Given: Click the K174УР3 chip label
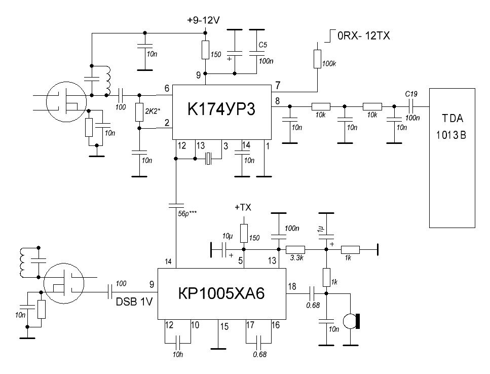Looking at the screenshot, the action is (221, 109).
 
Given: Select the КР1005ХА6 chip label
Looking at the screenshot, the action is (221, 293).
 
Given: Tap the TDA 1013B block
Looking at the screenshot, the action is (452, 158).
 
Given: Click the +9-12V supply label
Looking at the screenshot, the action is (203, 20).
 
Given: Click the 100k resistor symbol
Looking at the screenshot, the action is (317, 59).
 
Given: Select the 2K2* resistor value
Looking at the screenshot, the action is (152, 111).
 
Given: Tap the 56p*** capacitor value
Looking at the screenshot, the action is (187, 214).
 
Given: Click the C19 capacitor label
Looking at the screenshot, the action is (411, 94).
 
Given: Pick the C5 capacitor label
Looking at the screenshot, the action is (262, 45).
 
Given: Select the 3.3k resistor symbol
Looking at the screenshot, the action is (295, 249).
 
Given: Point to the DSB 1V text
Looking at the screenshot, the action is (134, 302).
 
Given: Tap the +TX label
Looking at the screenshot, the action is (243, 207).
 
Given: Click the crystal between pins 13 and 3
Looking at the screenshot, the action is (208, 159).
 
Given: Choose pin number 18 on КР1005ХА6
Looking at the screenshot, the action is (292, 286).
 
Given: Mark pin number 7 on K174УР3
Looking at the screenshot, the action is (278, 85).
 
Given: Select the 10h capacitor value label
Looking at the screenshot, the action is (178, 355).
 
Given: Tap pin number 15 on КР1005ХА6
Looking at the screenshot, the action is (224, 327).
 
